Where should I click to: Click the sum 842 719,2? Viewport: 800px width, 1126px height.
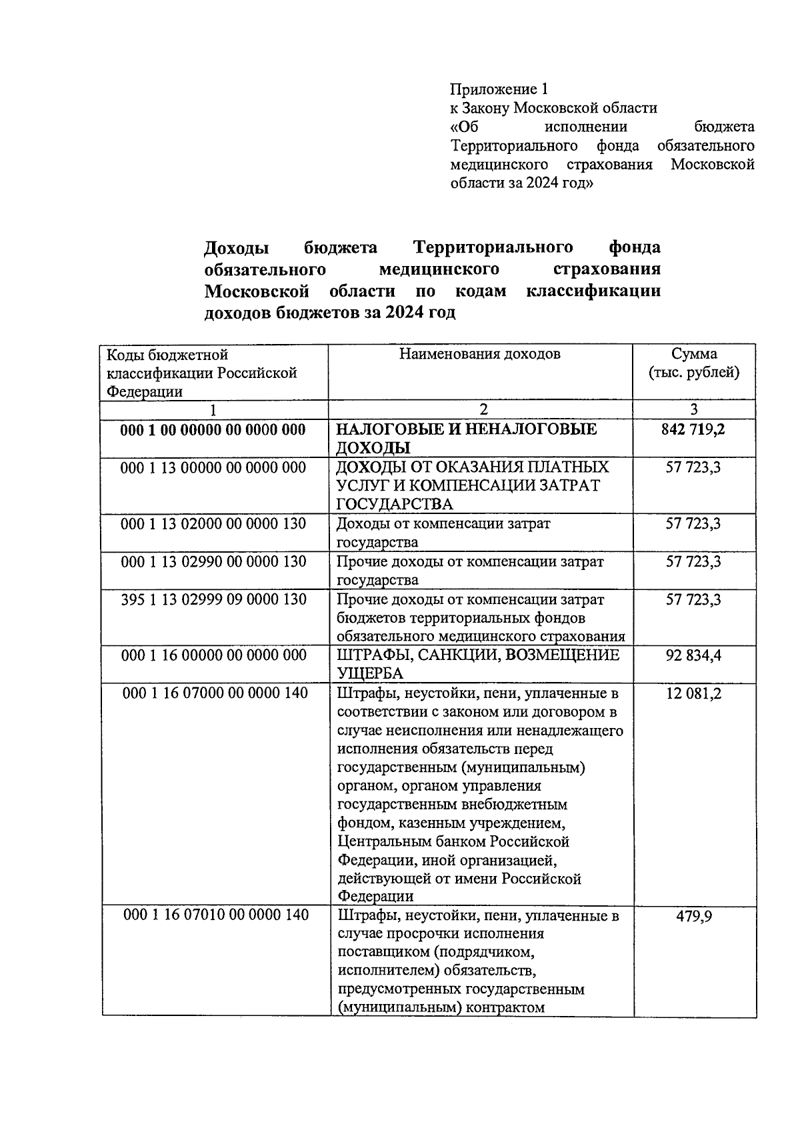point(693,429)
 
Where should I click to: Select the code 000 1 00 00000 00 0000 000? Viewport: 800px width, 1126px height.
point(213,430)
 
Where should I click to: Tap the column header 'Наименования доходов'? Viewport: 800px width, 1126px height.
point(480,354)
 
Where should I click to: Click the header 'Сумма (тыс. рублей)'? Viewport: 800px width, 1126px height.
point(694,363)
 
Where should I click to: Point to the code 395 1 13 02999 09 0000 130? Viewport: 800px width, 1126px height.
point(213,599)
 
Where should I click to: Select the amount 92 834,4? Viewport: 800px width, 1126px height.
point(693,655)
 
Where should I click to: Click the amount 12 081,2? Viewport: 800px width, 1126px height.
point(693,693)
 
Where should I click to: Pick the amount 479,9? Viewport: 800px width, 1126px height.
point(693,916)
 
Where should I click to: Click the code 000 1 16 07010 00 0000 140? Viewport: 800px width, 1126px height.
point(216,915)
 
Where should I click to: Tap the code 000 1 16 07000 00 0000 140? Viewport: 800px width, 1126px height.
point(215,693)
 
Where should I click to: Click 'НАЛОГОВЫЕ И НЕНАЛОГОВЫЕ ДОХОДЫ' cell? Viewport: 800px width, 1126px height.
point(467,438)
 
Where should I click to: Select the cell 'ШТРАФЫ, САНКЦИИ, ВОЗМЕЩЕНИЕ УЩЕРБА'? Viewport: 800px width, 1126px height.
point(478,664)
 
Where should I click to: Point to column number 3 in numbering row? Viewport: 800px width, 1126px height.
point(693,410)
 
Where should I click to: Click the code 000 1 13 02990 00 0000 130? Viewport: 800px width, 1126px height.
point(213,562)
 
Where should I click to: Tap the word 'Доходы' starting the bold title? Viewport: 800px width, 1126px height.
point(237,248)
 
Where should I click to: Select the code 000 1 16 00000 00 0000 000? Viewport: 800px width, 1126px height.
point(213,655)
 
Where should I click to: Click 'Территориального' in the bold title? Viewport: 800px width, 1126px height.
point(493,247)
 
